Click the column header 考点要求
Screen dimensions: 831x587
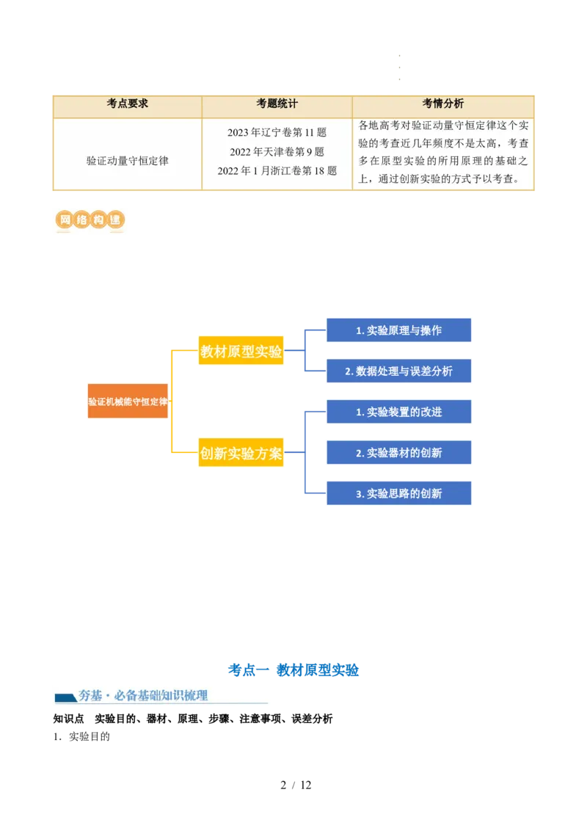pyautogui.click(x=127, y=104)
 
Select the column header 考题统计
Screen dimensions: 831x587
pyautogui.click(x=277, y=104)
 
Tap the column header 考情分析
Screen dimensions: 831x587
pyautogui.click(x=443, y=104)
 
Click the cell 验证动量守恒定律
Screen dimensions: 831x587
pyautogui.click(x=127, y=160)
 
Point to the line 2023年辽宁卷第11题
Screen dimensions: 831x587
pyautogui.click(x=277, y=133)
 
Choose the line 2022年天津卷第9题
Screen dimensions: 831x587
pyautogui.click(x=277, y=152)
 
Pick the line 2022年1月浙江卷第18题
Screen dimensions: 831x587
pyautogui.click(x=277, y=171)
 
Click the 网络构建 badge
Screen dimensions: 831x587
pyautogui.click(x=88, y=220)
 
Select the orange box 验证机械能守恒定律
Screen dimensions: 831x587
pyautogui.click(x=128, y=402)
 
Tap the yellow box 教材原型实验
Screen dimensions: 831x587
pyautogui.click(x=241, y=352)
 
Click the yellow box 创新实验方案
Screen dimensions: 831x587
pyautogui.click(x=241, y=453)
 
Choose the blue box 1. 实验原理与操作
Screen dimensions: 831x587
pyautogui.click(x=398, y=330)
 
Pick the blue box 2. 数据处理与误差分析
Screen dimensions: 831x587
pyautogui.click(x=398, y=371)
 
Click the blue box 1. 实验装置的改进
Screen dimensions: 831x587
pyautogui.click(x=398, y=412)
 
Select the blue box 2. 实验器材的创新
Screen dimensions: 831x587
pyautogui.click(x=398, y=453)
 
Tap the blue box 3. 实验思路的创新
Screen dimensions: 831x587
pyautogui.click(x=398, y=493)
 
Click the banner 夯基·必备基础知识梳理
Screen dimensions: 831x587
pyautogui.click(x=161, y=695)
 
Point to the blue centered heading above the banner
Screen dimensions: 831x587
pyautogui.click(x=293, y=669)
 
